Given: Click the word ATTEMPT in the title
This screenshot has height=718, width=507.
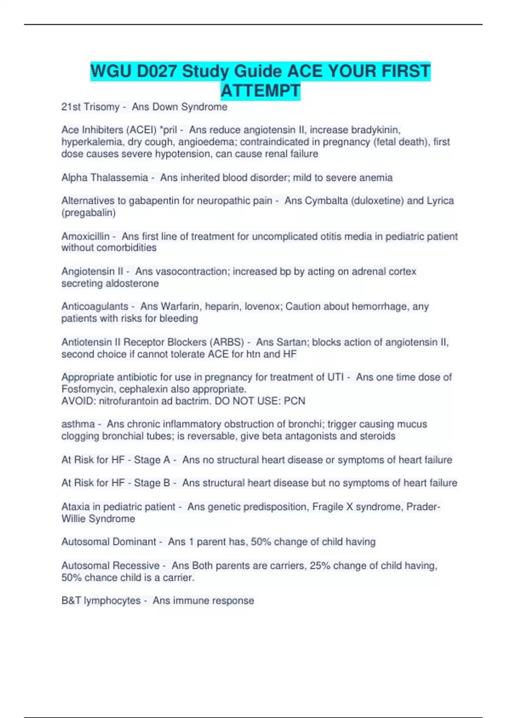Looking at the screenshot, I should (260, 91).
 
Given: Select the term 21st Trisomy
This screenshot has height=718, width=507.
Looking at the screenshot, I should (90, 107).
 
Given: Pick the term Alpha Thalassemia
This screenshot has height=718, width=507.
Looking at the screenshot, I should (104, 177).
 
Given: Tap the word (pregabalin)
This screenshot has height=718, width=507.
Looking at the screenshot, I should (88, 212).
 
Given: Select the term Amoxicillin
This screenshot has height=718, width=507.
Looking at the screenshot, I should (85, 236).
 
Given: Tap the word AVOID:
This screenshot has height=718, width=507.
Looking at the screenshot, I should (79, 401).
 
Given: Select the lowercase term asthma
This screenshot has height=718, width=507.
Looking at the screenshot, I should (78, 424).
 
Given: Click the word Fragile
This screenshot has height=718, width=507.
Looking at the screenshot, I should (327, 506).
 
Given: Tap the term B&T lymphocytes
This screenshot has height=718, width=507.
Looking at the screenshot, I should (101, 601).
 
